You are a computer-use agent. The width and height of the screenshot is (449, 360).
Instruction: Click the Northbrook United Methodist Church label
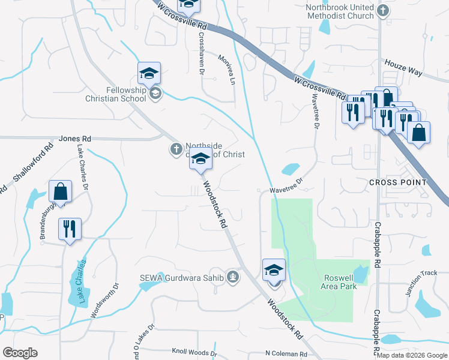(x=339, y=11)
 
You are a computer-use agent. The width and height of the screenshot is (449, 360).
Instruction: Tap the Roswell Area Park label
(x=340, y=282)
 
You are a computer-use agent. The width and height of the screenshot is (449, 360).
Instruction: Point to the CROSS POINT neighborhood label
(x=398, y=182)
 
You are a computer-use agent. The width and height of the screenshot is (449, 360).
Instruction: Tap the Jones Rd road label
(x=74, y=139)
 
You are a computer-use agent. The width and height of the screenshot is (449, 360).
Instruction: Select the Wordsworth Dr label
(x=101, y=301)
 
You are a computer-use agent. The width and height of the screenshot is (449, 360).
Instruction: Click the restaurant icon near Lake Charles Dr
(x=70, y=229)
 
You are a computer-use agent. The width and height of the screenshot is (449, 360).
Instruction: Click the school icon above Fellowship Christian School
(x=149, y=74)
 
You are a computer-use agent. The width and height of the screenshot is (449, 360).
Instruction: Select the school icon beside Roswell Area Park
(x=274, y=269)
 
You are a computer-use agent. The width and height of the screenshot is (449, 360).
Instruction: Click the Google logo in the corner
(x=20, y=353)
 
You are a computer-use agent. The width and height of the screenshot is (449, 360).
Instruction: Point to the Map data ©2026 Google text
(x=412, y=355)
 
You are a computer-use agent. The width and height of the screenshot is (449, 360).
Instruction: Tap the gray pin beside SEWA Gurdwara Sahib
(x=233, y=277)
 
